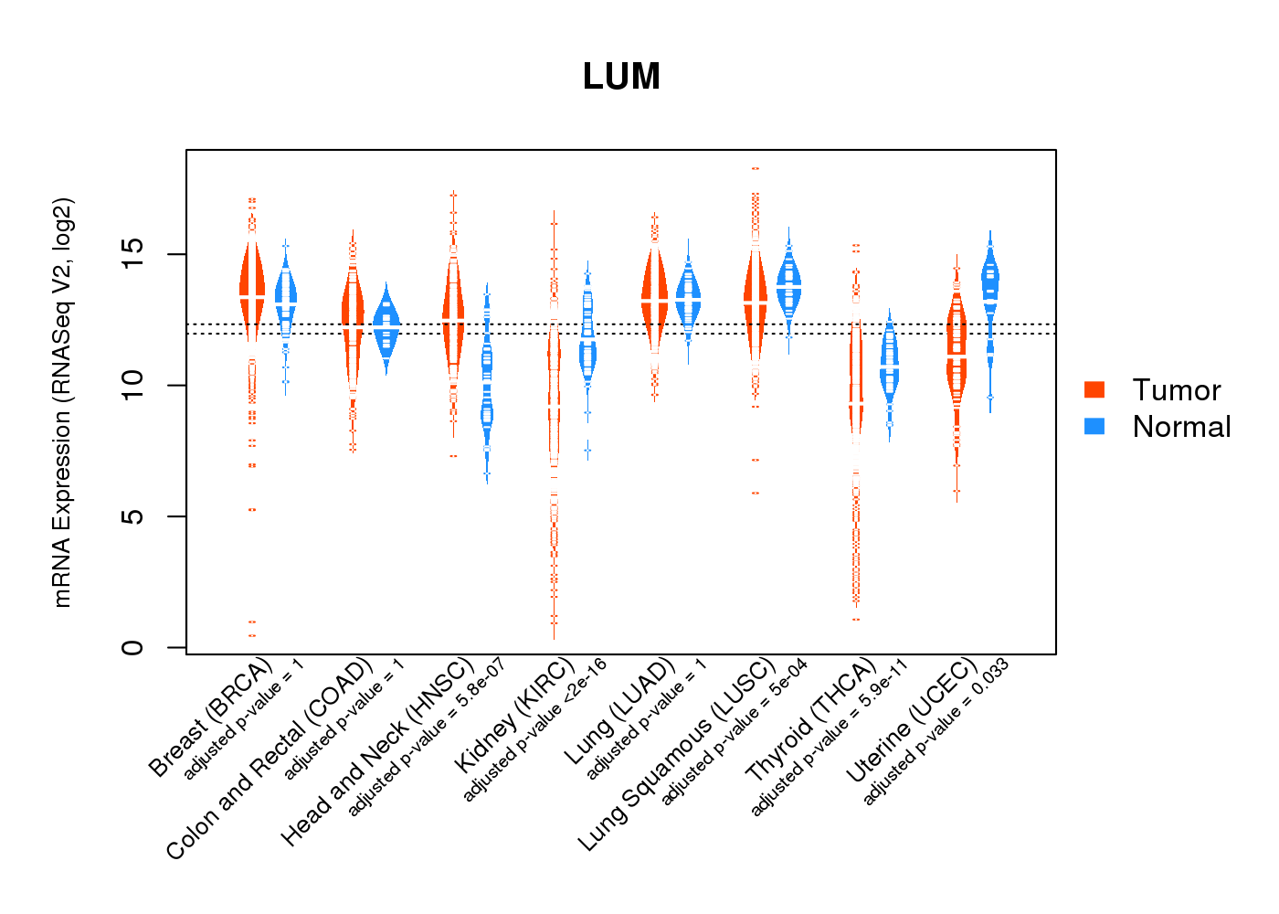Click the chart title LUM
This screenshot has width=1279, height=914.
tap(621, 77)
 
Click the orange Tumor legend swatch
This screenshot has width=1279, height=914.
tap(1094, 389)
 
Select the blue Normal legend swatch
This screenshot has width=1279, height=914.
tap(1094, 426)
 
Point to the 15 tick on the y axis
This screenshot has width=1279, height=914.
tap(133, 254)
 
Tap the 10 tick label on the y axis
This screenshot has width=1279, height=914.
tap(133, 385)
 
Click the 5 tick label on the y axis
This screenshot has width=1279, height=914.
tap(133, 516)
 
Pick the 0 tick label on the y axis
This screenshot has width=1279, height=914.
tap(133, 647)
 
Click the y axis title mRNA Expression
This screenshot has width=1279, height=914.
tap(62, 402)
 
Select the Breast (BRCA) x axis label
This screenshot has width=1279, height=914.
tap(210, 717)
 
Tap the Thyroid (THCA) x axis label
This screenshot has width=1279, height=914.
tap(811, 722)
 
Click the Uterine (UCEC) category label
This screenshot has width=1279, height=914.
tap(912, 722)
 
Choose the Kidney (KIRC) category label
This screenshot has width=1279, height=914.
tap(514, 715)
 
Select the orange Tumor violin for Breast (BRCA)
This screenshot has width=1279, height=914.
tap(252, 283)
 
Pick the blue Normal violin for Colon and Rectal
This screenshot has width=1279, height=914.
tap(386, 324)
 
